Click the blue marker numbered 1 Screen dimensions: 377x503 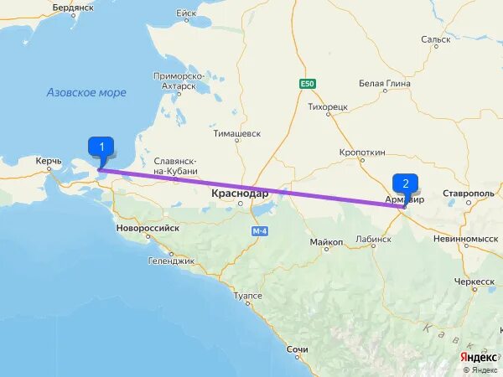(x=101, y=148)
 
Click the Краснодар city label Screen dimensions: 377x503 (x=240, y=193)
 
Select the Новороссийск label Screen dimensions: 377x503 (x=148, y=226)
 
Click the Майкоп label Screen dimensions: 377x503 (x=326, y=241)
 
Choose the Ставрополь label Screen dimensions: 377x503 (x=469, y=193)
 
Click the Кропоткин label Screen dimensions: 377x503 (x=362, y=152)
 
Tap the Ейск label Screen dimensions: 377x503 (x=185, y=13)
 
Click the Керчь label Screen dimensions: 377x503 (x=49, y=159)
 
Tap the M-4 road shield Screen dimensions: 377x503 (x=258, y=229)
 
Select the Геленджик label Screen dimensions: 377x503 (x=171, y=261)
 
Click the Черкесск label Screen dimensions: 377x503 (x=476, y=281)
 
